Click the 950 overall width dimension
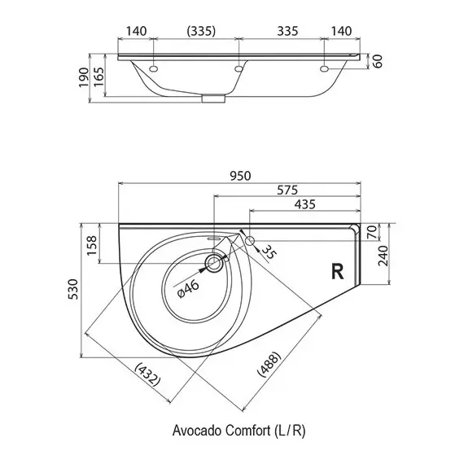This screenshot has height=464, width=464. click(240, 176)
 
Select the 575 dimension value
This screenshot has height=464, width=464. click(287, 190)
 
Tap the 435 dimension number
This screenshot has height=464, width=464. click(304, 204)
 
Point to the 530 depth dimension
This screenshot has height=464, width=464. click(73, 289)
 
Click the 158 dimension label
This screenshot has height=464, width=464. click(91, 245)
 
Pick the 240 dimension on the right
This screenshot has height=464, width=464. click(383, 256)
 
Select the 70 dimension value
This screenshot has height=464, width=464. click(373, 232)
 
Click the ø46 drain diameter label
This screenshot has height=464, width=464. click(188, 288)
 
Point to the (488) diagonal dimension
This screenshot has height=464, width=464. click(269, 364)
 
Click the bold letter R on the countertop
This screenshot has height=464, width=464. click(337, 271)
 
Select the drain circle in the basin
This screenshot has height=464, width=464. click(213, 264)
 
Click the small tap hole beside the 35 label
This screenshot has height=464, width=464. click(250, 241)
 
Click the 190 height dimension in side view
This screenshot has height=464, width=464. click(84, 77)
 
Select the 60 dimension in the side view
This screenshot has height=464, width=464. click(377, 61)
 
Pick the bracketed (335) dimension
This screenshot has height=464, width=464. click(201, 31)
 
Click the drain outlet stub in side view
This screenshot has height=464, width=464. click(213, 98)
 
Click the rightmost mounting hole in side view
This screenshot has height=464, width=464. click(324, 69)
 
